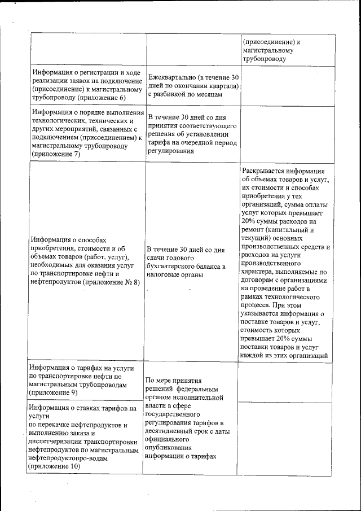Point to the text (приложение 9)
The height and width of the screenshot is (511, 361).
(x=55, y=392)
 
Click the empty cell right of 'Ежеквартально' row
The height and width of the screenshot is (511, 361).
(x=287, y=85)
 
